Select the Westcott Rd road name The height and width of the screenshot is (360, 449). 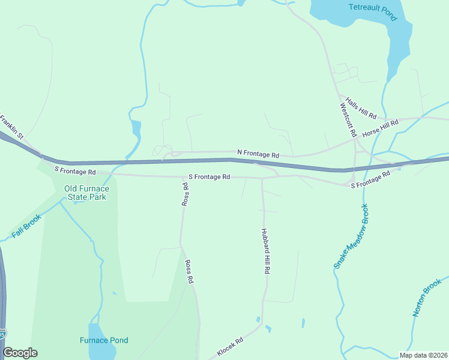(348, 119)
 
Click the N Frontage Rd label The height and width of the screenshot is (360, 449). (258, 154)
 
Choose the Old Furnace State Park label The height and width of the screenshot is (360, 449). (85, 192)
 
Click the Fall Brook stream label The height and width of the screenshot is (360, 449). (26, 225)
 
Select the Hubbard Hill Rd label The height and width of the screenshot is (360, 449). (265, 251)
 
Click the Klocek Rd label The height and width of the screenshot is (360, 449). (230, 347)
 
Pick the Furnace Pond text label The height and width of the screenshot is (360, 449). (104, 340)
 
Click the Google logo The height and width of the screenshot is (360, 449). (20, 353)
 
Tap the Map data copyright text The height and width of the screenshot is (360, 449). (423, 355)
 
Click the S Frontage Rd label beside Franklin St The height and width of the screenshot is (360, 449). (75, 171)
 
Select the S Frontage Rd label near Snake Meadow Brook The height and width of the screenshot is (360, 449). (370, 178)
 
